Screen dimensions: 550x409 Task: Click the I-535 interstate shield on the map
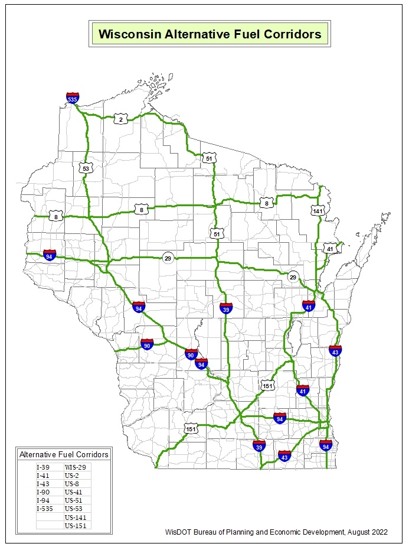click(73, 98)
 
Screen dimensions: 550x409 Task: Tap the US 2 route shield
click(121, 119)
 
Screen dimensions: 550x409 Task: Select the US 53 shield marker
click(86, 168)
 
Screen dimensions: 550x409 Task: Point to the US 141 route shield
click(318, 210)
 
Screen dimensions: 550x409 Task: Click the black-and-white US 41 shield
click(330, 249)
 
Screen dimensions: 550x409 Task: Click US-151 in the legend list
click(76, 525)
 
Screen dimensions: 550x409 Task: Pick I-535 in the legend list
click(46, 508)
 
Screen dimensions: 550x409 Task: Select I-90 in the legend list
click(43, 492)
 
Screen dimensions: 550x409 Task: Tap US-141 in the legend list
click(76, 516)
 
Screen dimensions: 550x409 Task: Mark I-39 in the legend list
click(43, 467)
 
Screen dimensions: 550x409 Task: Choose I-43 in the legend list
click(43, 483)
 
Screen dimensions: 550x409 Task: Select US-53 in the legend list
click(74, 508)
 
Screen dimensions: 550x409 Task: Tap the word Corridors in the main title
click(289, 34)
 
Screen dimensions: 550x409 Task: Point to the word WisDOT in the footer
click(178, 532)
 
